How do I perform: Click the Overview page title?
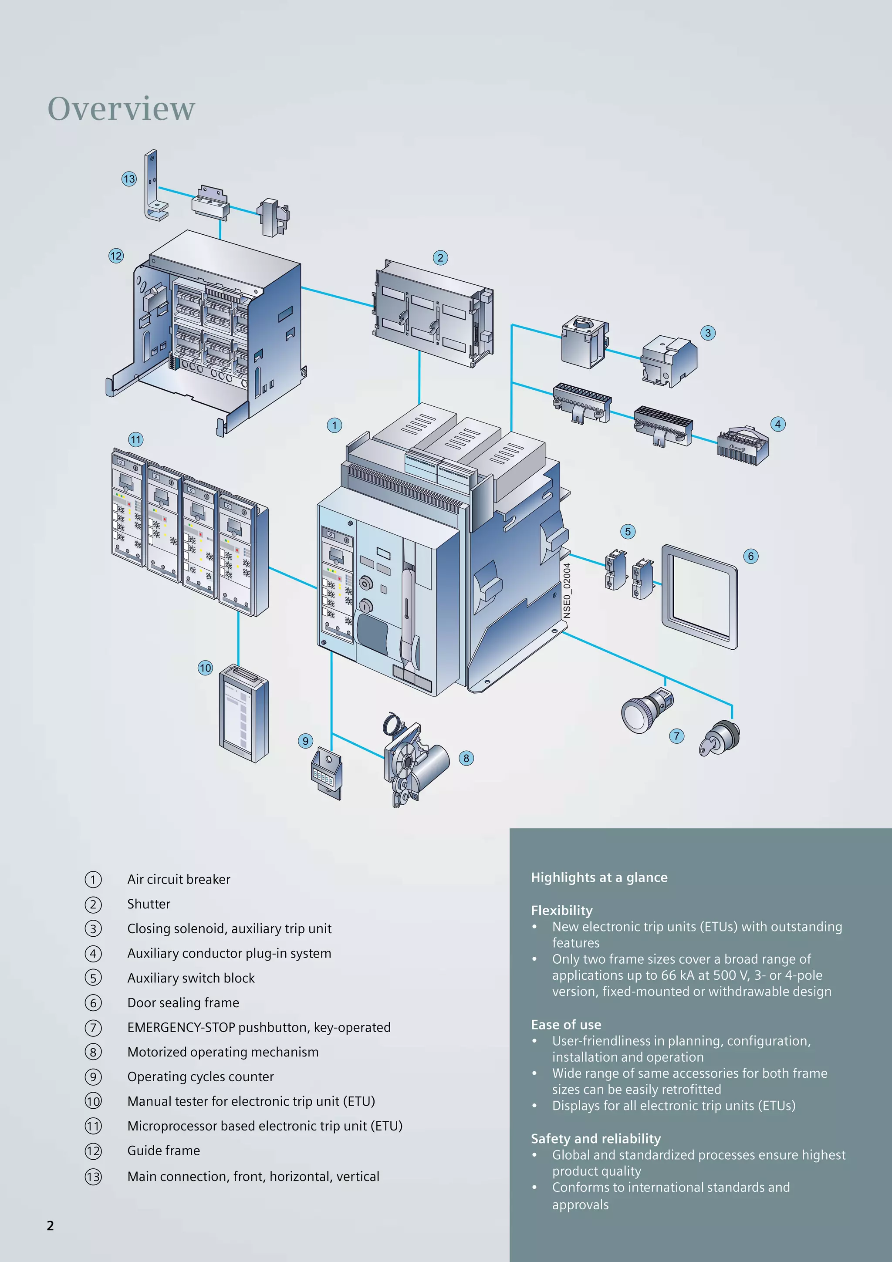[x=122, y=108]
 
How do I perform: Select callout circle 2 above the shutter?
[x=440, y=257]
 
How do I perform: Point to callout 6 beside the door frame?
[x=751, y=556]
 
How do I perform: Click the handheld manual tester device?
[x=244, y=713]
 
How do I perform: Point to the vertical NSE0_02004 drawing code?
[x=567, y=591]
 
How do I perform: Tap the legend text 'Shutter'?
[x=149, y=904]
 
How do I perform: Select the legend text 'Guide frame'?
[x=163, y=1151]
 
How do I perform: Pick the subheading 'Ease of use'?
[x=566, y=1025]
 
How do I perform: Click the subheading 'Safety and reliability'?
[x=596, y=1139]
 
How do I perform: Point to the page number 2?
[x=51, y=1226]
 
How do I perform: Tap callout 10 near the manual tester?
[x=205, y=668]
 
